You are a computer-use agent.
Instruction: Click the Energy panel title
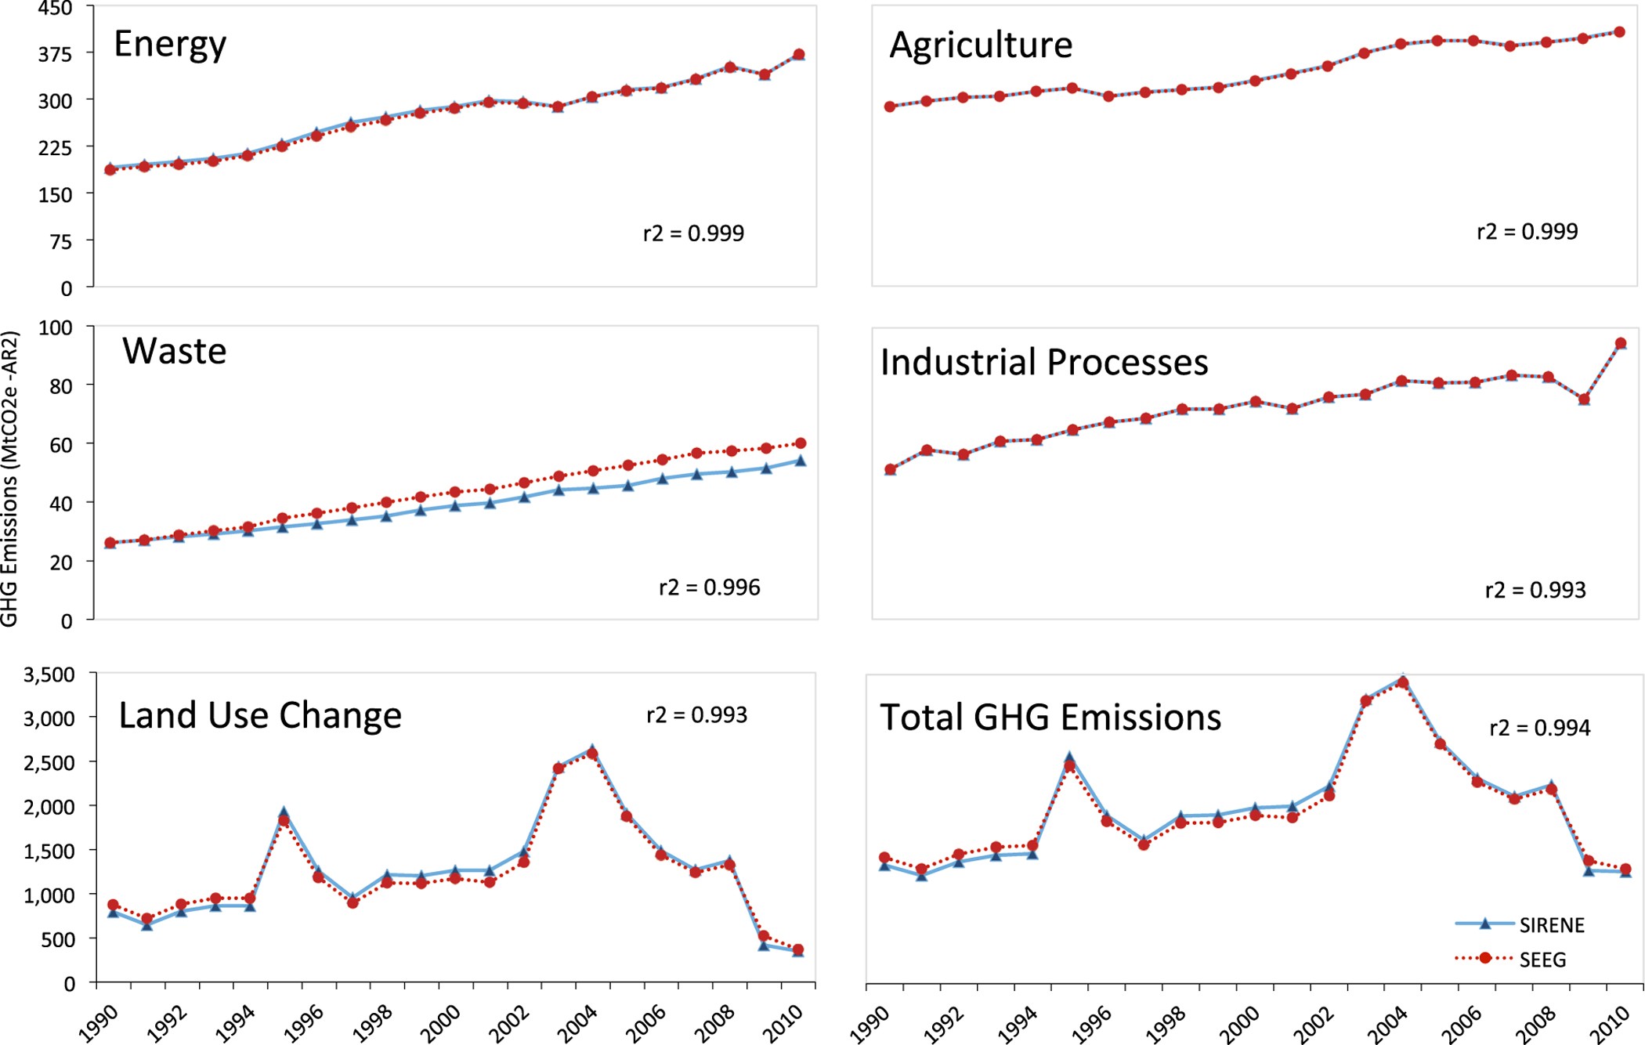[170, 45]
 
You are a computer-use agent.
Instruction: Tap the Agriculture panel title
[980, 45]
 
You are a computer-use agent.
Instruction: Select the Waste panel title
[174, 351]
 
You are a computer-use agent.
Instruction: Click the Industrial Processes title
[1043, 363]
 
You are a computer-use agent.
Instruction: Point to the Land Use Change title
[259, 716]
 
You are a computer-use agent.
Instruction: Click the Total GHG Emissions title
[1050, 718]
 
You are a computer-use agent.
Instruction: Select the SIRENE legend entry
[1551, 925]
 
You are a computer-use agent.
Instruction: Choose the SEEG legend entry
[1542, 960]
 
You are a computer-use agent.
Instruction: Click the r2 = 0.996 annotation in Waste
[709, 588]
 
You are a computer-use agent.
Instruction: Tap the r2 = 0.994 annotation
[1539, 729]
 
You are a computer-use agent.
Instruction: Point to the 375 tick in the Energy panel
[55, 54]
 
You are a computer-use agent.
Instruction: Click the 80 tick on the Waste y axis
[61, 386]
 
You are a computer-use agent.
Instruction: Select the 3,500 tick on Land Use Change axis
[49, 674]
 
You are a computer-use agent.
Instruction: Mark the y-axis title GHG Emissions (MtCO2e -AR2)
[9, 478]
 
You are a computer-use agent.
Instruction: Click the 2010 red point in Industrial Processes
[1621, 343]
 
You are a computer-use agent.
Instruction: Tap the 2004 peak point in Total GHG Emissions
[1402, 683]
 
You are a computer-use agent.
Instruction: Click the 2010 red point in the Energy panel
[799, 54]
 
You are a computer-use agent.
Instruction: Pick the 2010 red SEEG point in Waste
[800, 443]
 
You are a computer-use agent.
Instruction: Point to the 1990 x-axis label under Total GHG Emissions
[870, 1024]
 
